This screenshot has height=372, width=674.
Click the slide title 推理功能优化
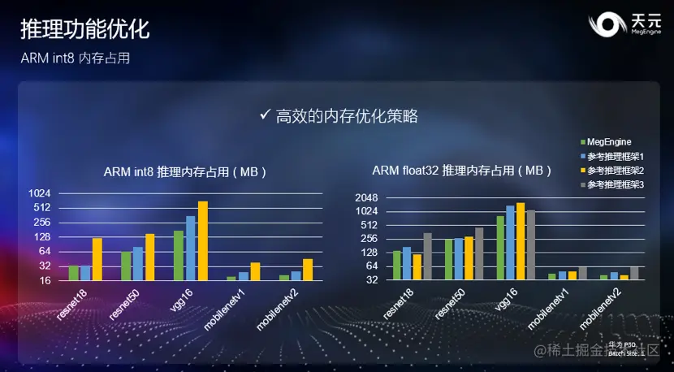[84, 30]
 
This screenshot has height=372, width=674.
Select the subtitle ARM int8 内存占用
[76, 59]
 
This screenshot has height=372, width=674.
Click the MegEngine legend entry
[608, 142]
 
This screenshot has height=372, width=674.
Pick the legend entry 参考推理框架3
[615, 185]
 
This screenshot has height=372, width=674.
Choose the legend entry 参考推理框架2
[615, 171]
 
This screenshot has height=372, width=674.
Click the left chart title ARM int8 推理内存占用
[185, 172]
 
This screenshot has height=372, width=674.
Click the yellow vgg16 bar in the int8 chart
[203, 240]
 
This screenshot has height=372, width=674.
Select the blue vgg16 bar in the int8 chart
[191, 248]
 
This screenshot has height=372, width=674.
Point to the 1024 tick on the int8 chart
[41, 193]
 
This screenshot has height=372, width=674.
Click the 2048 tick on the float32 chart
[367, 197]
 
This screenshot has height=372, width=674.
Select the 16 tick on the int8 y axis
[45, 280]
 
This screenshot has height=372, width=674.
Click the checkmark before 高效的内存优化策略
[264, 115]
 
